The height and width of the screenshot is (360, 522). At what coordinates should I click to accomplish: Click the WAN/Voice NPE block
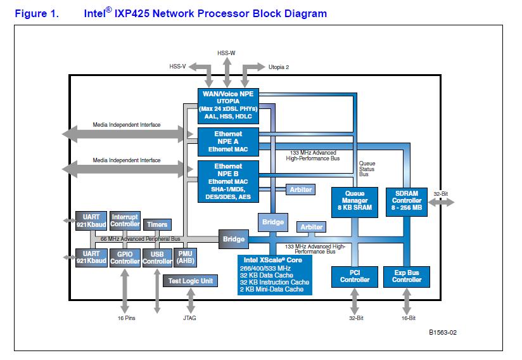227,105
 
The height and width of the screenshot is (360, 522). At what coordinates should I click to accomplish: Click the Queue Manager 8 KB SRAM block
354,202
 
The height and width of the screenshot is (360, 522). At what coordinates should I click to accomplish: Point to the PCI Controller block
354,276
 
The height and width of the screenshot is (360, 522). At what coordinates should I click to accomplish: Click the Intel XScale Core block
275,274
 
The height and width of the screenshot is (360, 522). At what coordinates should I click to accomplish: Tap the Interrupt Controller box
125,221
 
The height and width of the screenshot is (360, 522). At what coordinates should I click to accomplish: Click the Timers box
157,224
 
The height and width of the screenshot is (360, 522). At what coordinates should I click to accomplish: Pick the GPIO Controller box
125,257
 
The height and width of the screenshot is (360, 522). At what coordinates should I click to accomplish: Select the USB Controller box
157,257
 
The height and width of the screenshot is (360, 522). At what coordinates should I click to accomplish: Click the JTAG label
189,318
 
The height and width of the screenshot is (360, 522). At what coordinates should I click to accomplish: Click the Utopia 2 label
279,66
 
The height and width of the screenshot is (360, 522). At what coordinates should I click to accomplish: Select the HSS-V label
178,66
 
